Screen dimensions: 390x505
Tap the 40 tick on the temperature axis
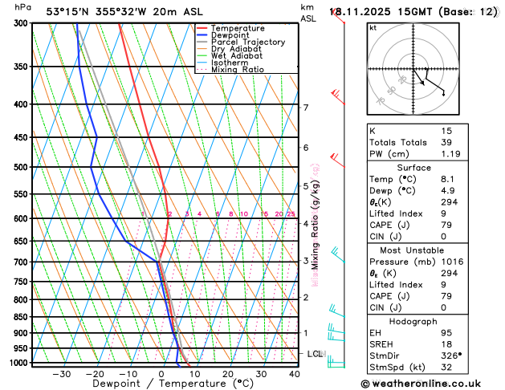(x=295, y=374)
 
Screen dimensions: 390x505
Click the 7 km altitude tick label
(x=306, y=108)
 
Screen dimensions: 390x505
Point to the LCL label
(x=316, y=354)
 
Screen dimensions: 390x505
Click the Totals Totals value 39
(x=446, y=141)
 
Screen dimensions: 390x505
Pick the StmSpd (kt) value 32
(x=446, y=368)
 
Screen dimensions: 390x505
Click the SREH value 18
(x=446, y=345)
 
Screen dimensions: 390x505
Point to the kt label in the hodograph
(x=373, y=27)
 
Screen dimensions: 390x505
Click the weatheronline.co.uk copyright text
(x=430, y=383)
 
